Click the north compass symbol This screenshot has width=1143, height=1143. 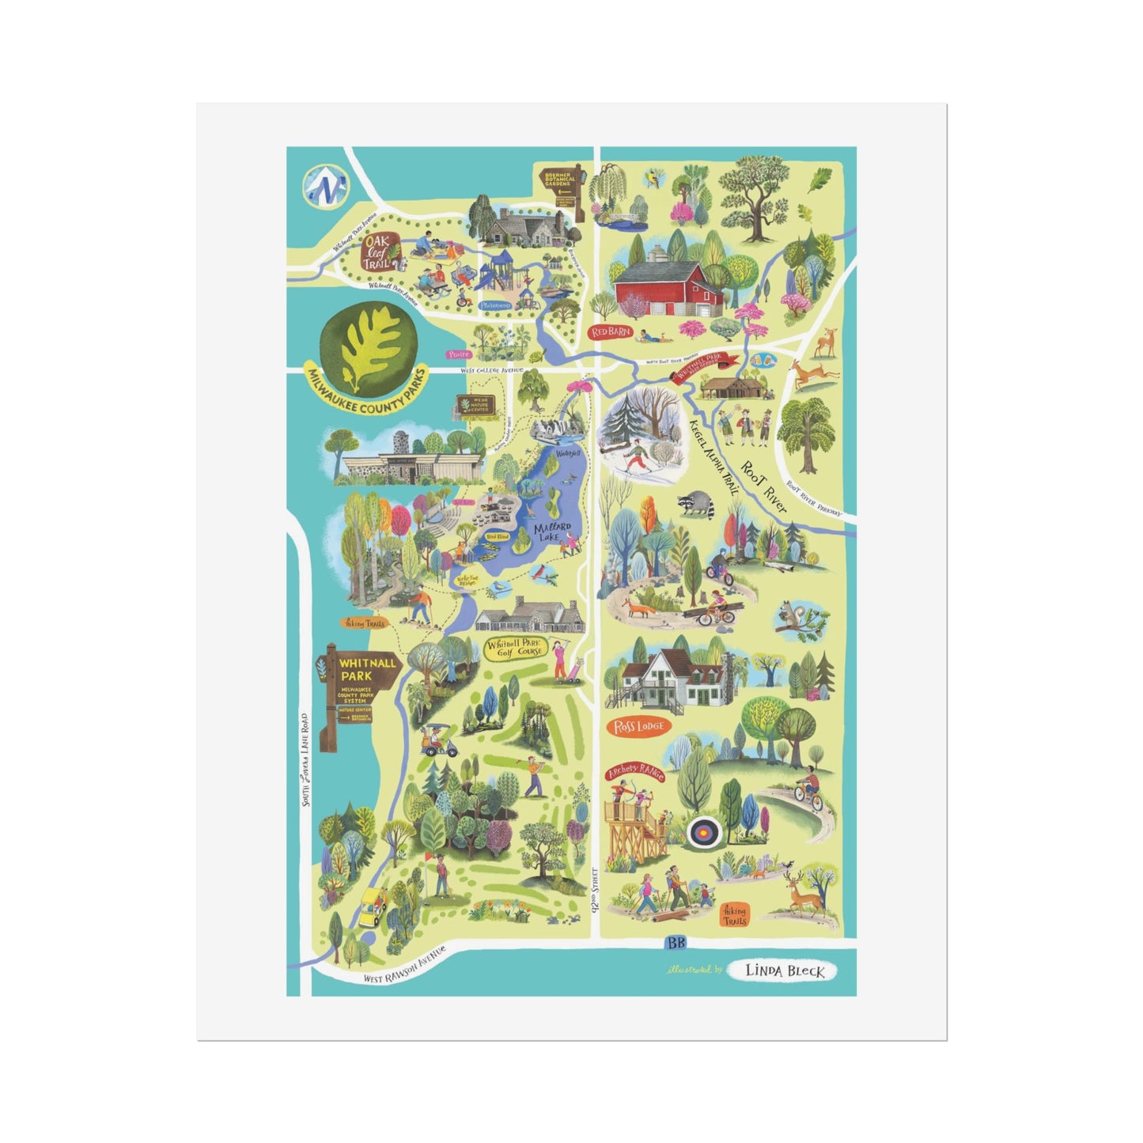(324, 186)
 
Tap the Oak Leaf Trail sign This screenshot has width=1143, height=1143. (377, 251)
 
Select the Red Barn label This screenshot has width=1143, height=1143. (611, 332)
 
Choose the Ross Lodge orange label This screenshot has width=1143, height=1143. (638, 726)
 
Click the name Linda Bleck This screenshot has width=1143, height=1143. (785, 971)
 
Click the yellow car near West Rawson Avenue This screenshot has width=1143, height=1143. (372, 906)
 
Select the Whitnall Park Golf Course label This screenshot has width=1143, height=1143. (516, 649)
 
